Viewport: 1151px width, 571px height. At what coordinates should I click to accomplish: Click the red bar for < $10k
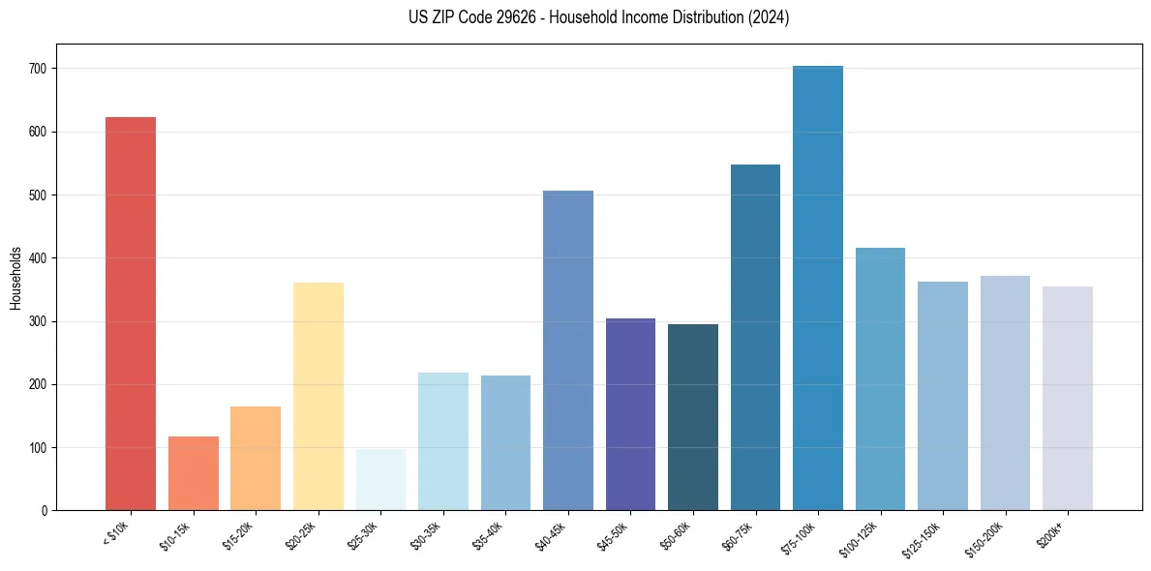131,314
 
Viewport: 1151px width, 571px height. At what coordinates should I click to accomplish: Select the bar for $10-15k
193,473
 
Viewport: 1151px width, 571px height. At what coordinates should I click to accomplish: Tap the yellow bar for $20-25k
318,396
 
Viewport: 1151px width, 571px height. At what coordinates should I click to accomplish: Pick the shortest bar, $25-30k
380,479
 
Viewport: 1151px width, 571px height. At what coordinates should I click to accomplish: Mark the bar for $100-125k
880,378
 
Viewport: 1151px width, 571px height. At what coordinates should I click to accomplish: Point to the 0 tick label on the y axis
45,511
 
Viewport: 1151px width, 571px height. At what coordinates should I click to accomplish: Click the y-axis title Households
15,277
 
